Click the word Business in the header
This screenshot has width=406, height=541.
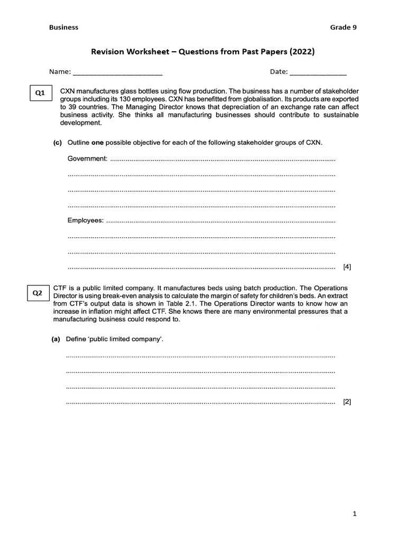[63, 27]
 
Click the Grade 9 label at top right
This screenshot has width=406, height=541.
[344, 27]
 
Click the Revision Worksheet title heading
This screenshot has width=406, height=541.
[203, 51]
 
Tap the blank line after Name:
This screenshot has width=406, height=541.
[117, 72]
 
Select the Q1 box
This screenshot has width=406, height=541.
[40, 94]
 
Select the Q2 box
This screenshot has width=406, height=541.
[38, 293]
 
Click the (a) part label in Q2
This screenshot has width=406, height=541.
[56, 339]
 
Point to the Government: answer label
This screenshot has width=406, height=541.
[87, 158]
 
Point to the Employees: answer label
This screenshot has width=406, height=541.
[86, 220]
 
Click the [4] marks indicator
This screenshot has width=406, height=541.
[347, 267]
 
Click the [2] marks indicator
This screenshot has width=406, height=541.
[347, 402]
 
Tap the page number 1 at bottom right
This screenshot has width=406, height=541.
[355, 514]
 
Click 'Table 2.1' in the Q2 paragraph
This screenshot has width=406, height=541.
[186, 304]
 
